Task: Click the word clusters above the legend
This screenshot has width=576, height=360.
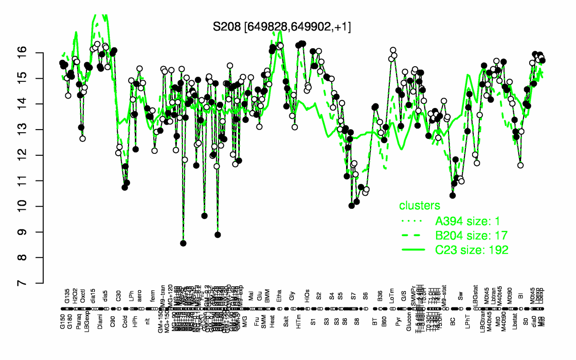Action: click(420, 206)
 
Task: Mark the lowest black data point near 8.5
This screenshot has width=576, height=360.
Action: click(183, 243)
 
